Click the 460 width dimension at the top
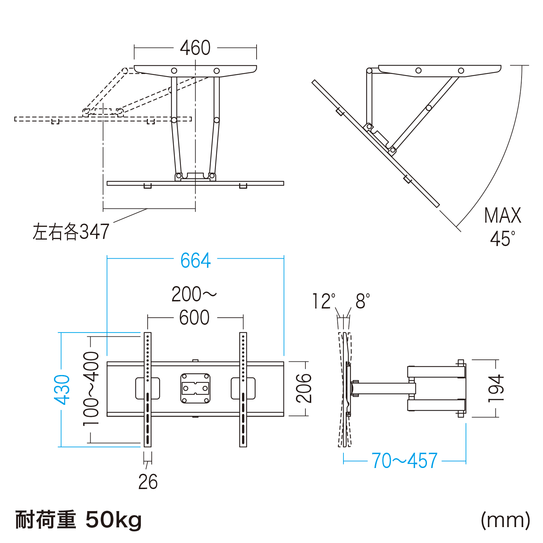click(x=195, y=48)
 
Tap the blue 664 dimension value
click(x=195, y=261)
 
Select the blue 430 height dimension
click(x=62, y=390)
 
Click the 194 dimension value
click(x=496, y=389)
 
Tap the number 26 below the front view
click(x=148, y=482)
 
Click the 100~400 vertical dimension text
click(x=91, y=389)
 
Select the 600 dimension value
click(x=194, y=318)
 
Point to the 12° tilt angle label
click(x=324, y=301)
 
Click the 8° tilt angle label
click(x=363, y=301)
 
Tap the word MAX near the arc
click(x=503, y=216)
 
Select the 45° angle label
click(x=503, y=239)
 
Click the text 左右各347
click(x=71, y=231)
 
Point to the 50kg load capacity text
click(x=113, y=520)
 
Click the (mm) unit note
click(x=506, y=520)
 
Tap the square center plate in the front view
click(x=195, y=388)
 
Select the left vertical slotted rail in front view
click(x=148, y=390)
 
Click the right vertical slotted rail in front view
click(x=243, y=390)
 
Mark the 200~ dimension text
click(x=194, y=294)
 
